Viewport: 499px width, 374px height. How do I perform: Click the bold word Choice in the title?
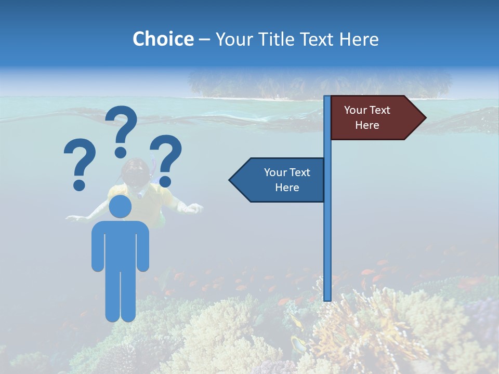point(163,39)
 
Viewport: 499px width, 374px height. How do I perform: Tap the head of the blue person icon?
point(120,206)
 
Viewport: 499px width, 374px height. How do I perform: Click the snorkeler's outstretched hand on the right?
point(193,208)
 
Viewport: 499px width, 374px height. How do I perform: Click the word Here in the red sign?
point(367,125)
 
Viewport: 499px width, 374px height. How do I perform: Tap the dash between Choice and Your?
point(204,40)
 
